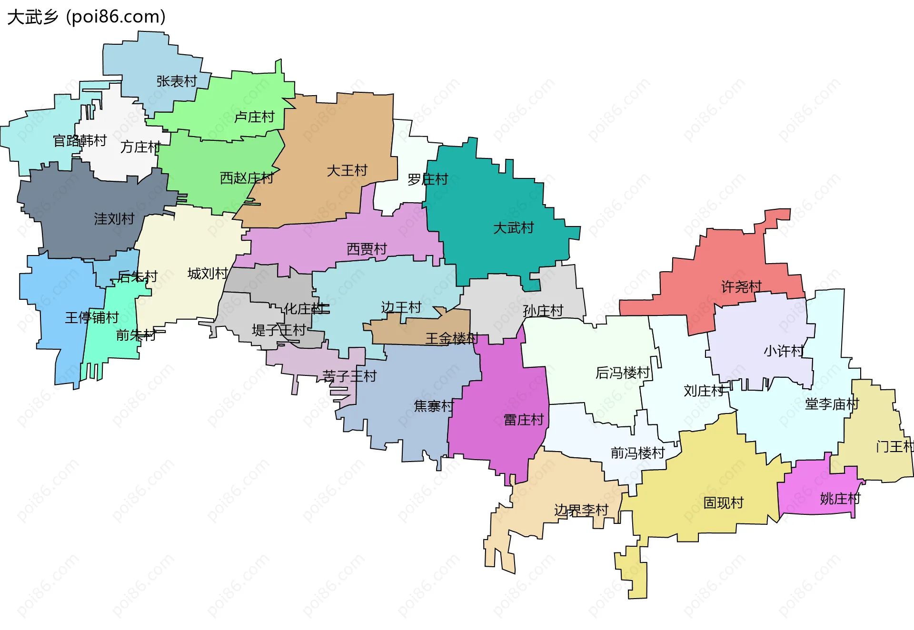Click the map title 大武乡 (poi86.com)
[87, 17]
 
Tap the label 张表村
[177, 81]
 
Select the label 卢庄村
[255, 117]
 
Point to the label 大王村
[347, 170]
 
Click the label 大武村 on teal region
[513, 228]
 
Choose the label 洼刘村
[114, 219]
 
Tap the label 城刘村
[208, 274]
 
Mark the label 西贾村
[367, 249]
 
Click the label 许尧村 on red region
[741, 286]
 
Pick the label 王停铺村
[92, 317]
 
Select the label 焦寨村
[434, 406]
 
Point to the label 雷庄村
[524, 420]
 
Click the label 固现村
[723, 502]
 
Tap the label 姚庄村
[840, 499]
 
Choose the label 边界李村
[581, 511]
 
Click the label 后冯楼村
[623, 373]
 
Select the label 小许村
[784, 351]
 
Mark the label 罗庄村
[427, 179]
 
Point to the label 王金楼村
[451, 338]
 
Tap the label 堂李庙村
[832, 404]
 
